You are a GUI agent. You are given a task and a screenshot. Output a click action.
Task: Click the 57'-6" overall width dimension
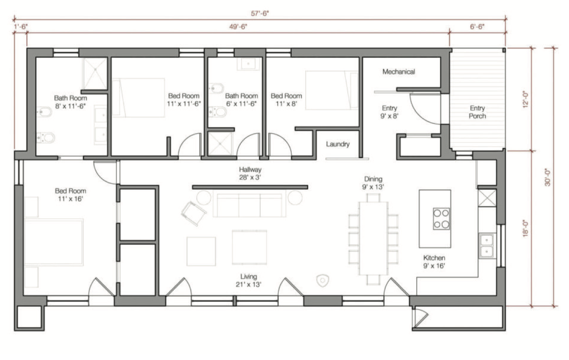point(259,13)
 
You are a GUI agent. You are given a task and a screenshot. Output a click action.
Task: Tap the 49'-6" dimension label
point(238,27)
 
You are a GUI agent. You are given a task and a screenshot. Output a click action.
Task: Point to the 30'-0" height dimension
point(547,177)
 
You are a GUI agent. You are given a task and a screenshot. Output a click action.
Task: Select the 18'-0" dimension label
point(526,229)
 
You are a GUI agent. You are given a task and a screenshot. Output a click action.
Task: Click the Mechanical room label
point(398,71)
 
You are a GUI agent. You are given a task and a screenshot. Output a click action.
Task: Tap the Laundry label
point(338,144)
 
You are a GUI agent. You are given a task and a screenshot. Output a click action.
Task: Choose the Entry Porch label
point(477,112)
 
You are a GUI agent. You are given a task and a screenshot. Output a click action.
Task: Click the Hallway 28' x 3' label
point(250,173)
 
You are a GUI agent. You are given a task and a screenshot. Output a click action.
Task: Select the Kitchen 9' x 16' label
point(434,262)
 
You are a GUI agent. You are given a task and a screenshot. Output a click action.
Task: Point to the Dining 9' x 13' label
point(373,183)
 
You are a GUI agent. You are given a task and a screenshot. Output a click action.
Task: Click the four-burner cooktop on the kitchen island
point(441,219)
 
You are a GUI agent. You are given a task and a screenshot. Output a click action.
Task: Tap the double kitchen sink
point(486,246)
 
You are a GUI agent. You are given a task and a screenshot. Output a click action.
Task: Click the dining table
point(373,238)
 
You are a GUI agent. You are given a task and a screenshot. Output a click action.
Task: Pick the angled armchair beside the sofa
point(193,214)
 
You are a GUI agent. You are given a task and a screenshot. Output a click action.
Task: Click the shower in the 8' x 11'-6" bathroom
point(95,74)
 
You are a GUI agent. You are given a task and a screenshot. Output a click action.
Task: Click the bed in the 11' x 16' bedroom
point(54,242)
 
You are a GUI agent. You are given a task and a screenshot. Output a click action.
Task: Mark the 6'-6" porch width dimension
point(477,27)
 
